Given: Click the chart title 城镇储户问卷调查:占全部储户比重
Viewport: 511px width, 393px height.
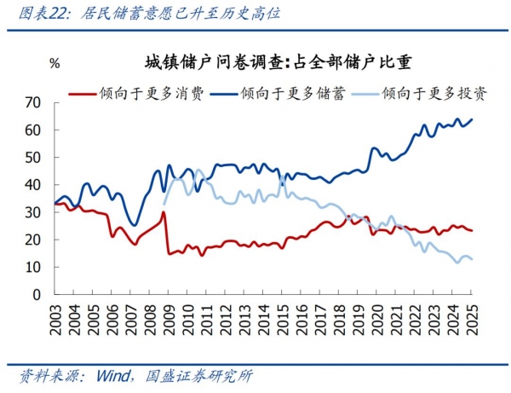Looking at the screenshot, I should [278, 61].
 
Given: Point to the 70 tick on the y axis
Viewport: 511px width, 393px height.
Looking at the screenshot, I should [33, 102].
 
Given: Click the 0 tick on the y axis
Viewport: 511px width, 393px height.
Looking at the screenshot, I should [37, 295].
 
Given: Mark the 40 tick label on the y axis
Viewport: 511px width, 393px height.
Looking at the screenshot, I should [33, 185].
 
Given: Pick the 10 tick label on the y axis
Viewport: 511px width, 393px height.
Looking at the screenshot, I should [33, 268].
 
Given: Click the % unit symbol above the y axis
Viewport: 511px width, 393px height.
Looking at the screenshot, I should [55, 64].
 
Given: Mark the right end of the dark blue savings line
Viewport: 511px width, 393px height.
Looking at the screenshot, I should [473, 119].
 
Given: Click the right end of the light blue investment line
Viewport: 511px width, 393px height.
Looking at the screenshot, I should [473, 259].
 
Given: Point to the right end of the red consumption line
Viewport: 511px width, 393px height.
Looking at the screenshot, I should [473, 231].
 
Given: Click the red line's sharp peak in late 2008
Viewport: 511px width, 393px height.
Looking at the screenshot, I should [163, 212].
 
